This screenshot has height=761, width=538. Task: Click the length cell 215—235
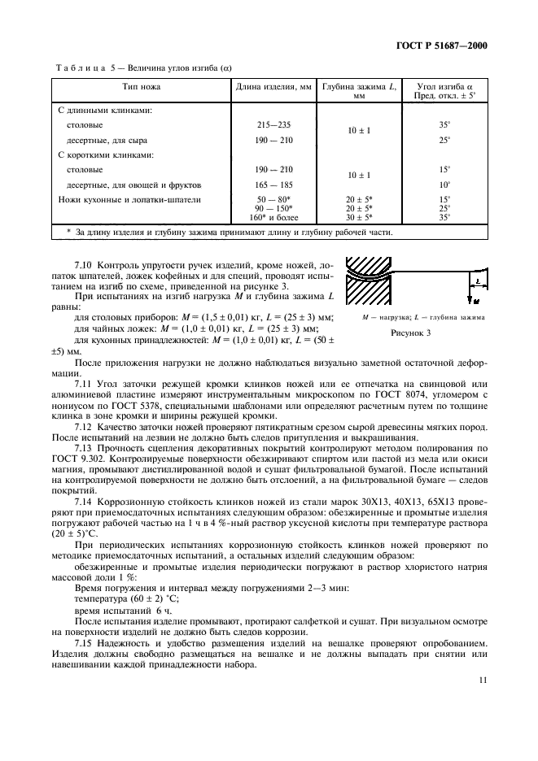pos(273,125)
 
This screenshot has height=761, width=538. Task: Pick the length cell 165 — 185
pos(273,185)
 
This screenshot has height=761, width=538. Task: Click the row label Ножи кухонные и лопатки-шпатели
pos(129,199)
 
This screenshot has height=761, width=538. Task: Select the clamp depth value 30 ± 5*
pos(358,217)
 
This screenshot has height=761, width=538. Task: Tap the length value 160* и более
pos(273,217)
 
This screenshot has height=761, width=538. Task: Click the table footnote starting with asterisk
pos(229,233)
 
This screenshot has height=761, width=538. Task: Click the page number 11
pos(483,684)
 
